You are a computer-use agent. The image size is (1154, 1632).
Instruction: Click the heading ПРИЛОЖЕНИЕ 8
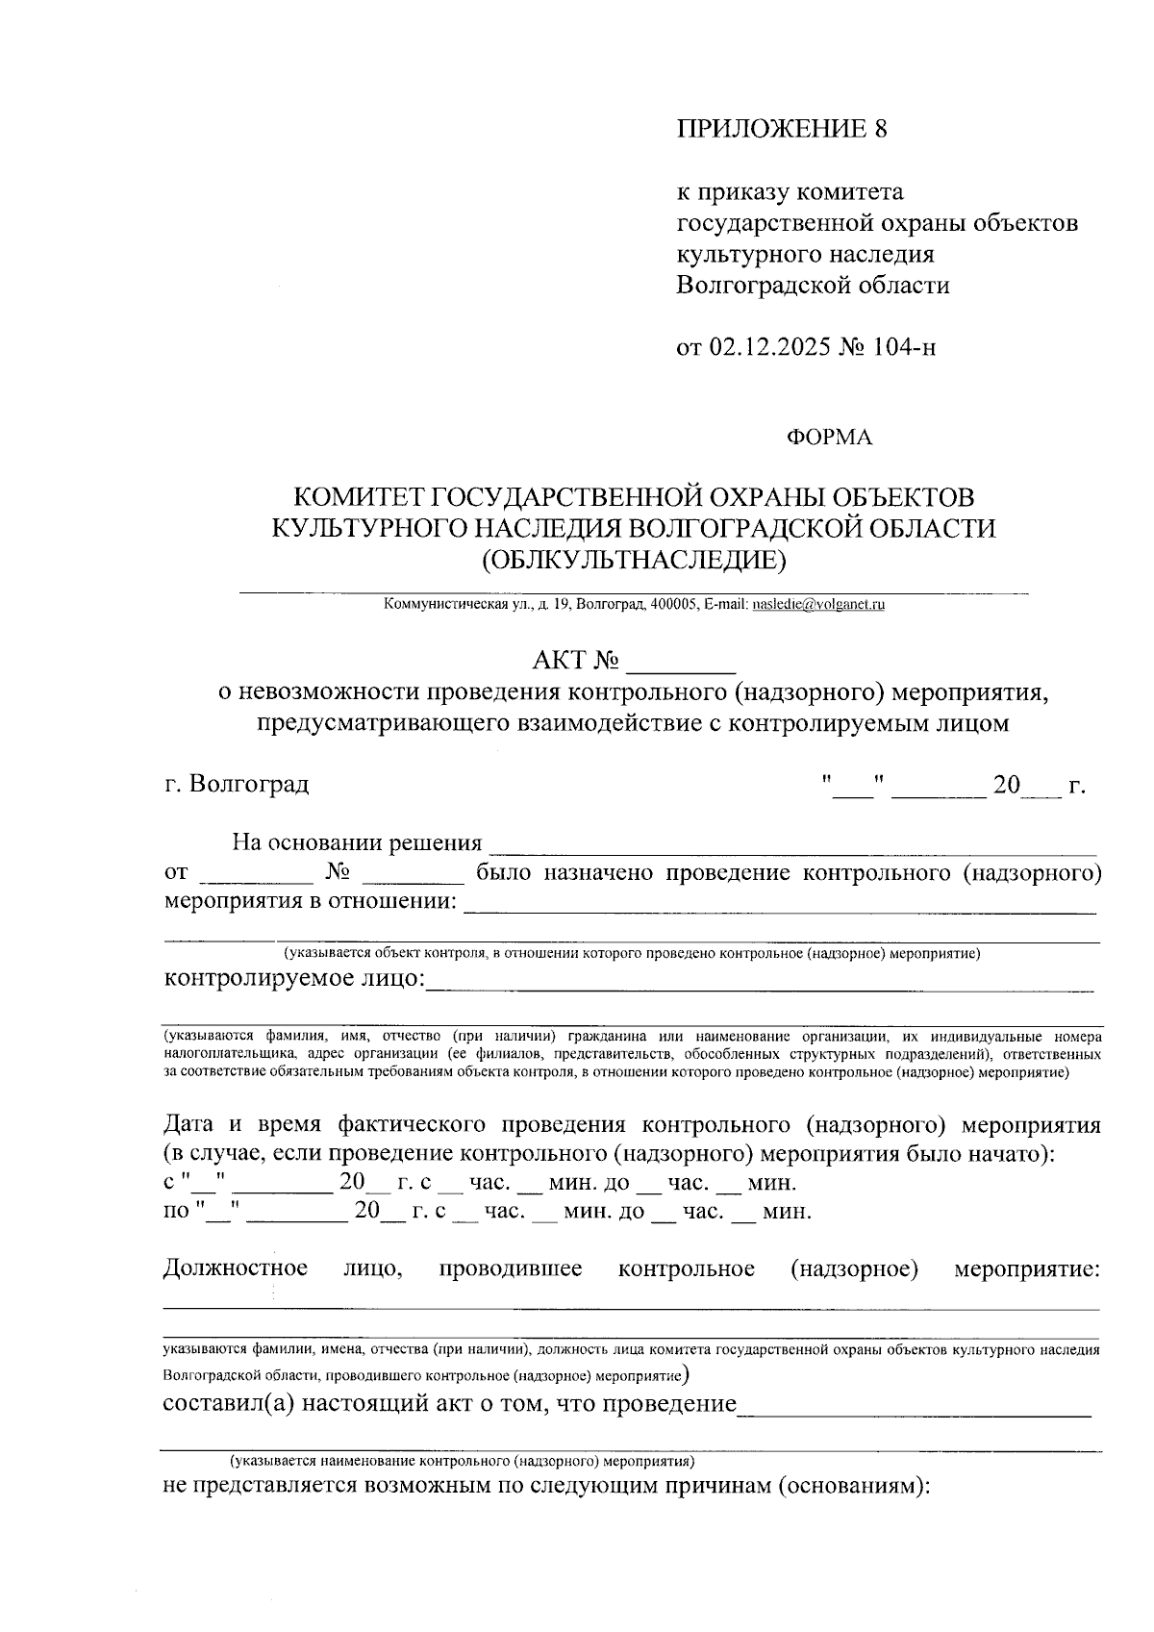click(x=781, y=130)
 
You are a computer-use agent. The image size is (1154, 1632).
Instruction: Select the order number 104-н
click(x=905, y=347)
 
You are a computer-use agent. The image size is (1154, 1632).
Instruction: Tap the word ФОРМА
click(x=829, y=438)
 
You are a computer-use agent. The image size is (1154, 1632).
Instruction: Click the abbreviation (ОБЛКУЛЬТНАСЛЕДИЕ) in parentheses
click(x=633, y=559)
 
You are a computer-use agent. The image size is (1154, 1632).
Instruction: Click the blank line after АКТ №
click(x=680, y=664)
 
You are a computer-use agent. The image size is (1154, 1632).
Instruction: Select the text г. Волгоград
click(x=237, y=784)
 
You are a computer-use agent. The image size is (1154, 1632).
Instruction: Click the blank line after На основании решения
click(x=792, y=846)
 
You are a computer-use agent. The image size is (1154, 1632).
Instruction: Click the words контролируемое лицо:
click(x=294, y=979)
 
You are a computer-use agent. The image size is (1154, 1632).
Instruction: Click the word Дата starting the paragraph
click(x=188, y=1124)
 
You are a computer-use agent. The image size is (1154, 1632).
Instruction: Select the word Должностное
click(x=236, y=1268)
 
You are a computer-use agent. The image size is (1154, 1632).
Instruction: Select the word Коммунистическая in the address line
click(x=445, y=605)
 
